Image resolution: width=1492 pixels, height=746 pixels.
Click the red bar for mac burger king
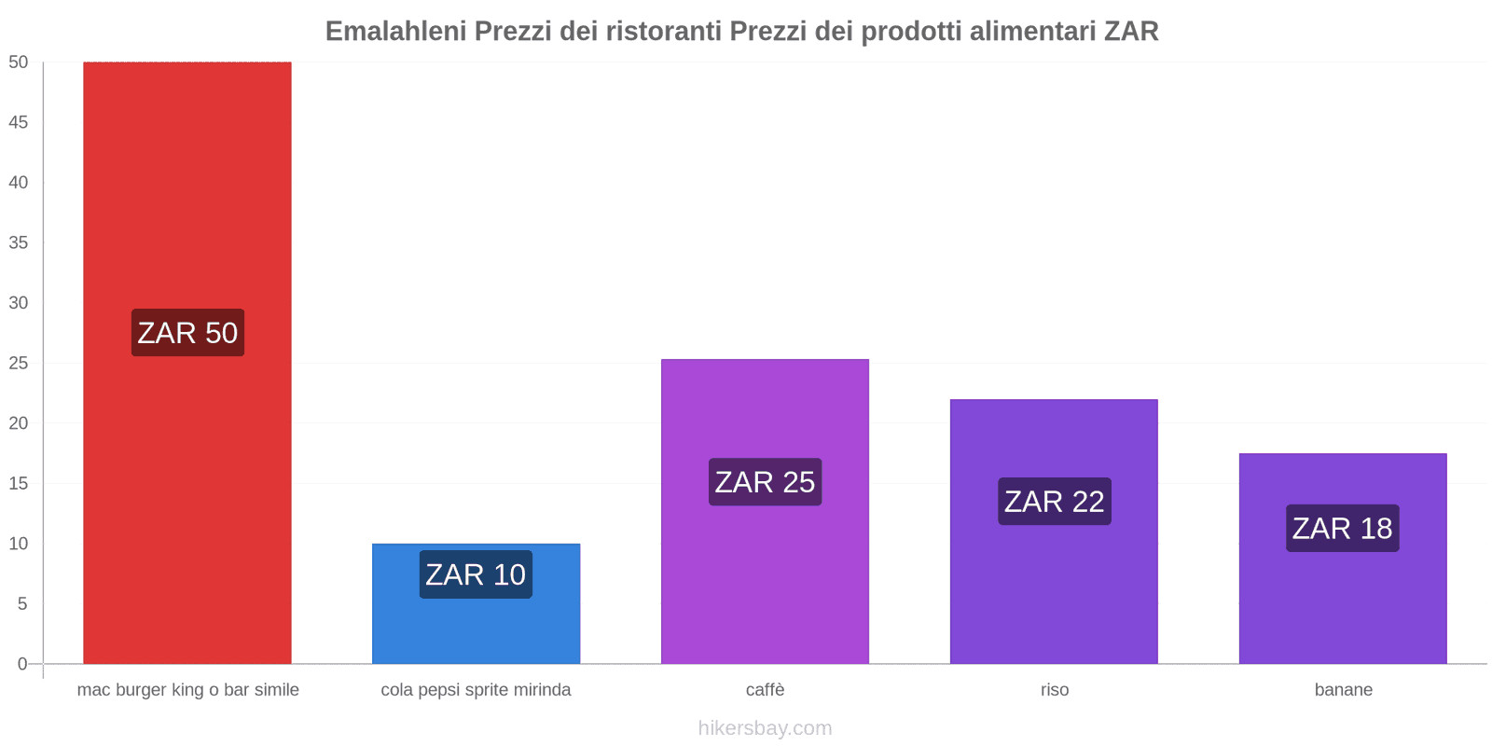(x=186, y=186)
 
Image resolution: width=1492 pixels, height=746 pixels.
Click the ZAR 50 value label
(x=187, y=333)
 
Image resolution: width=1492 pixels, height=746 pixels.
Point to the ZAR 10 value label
(x=476, y=574)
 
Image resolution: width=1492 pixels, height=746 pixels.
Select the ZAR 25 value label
(x=765, y=482)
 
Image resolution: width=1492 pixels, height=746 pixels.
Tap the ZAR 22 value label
(x=1054, y=502)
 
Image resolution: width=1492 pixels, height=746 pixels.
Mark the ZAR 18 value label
(x=1342, y=529)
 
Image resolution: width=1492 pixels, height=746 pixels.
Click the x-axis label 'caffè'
(x=765, y=690)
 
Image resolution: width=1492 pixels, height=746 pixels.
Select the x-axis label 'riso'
(x=1055, y=690)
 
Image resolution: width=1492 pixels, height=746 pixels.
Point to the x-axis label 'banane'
(x=1343, y=690)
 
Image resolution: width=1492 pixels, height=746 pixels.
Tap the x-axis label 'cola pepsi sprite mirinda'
(x=476, y=690)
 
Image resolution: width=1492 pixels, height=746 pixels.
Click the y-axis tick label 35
(x=19, y=242)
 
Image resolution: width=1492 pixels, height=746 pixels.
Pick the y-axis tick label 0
(x=22, y=664)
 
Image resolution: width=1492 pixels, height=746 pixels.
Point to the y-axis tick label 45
(x=19, y=122)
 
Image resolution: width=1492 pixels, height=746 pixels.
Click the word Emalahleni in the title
(x=395, y=32)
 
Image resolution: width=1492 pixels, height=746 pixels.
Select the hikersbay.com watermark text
(x=765, y=728)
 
